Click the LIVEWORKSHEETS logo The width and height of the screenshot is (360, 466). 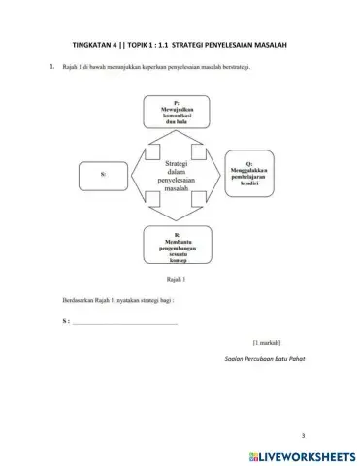297,453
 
